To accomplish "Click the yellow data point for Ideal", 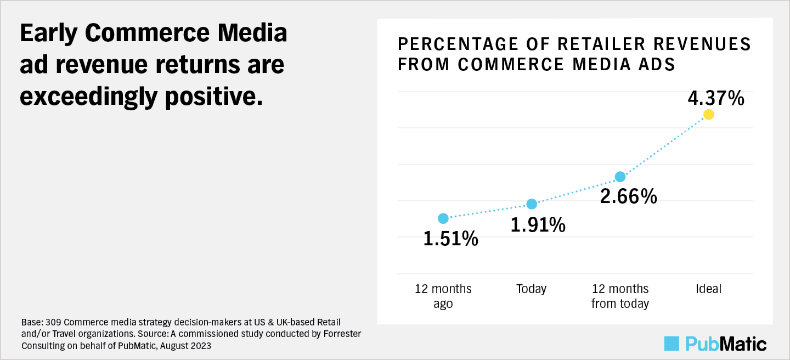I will coord(708,114).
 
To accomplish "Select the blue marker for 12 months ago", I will coord(443,218).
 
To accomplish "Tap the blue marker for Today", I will coord(532,204).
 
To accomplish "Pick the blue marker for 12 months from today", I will coord(620,177).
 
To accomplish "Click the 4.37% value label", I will coord(715,99).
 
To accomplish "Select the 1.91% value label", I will coord(538,225).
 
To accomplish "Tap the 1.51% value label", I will coord(450,239).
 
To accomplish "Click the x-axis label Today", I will coord(531,289).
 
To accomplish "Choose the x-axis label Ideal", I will coord(708,289).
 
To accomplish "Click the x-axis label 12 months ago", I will coord(443,296).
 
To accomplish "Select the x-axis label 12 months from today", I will coord(620,296).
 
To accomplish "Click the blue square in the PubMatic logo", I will coord(672,343).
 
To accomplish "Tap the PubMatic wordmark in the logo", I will coord(726,344).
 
